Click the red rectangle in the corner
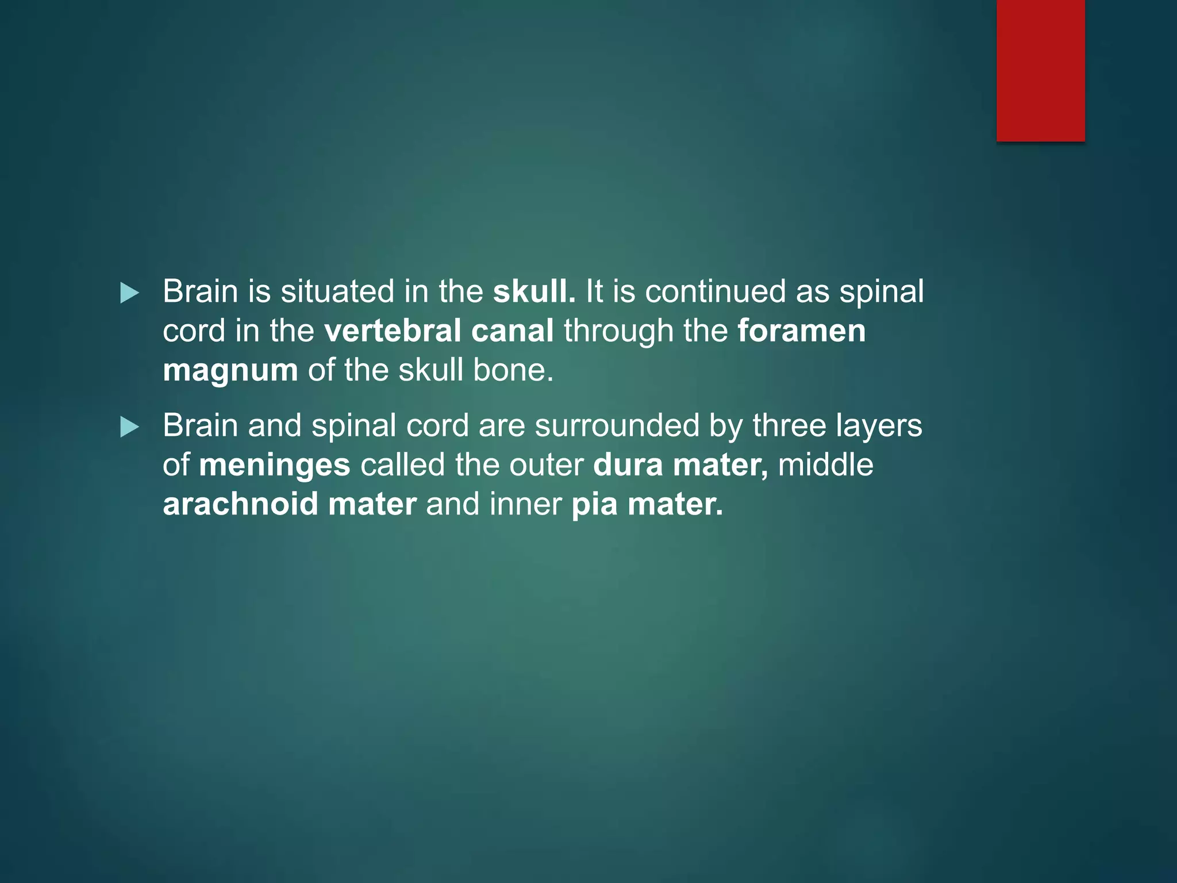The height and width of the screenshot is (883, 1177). (1040, 70)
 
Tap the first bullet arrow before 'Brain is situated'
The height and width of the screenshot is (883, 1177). (129, 293)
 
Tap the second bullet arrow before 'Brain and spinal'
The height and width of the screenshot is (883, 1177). (129, 427)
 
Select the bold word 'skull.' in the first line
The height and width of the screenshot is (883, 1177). (534, 291)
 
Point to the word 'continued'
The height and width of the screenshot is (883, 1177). (715, 291)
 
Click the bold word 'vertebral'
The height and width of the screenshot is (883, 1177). (393, 331)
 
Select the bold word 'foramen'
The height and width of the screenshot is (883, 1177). (801, 331)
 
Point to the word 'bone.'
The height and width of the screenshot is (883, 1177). (513, 370)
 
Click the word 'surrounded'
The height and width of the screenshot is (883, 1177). (617, 426)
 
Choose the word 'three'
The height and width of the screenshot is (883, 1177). (789, 426)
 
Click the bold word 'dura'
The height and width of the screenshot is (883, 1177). (628, 465)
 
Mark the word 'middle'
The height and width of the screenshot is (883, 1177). (825, 465)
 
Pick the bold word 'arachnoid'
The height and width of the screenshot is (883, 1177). (240, 504)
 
